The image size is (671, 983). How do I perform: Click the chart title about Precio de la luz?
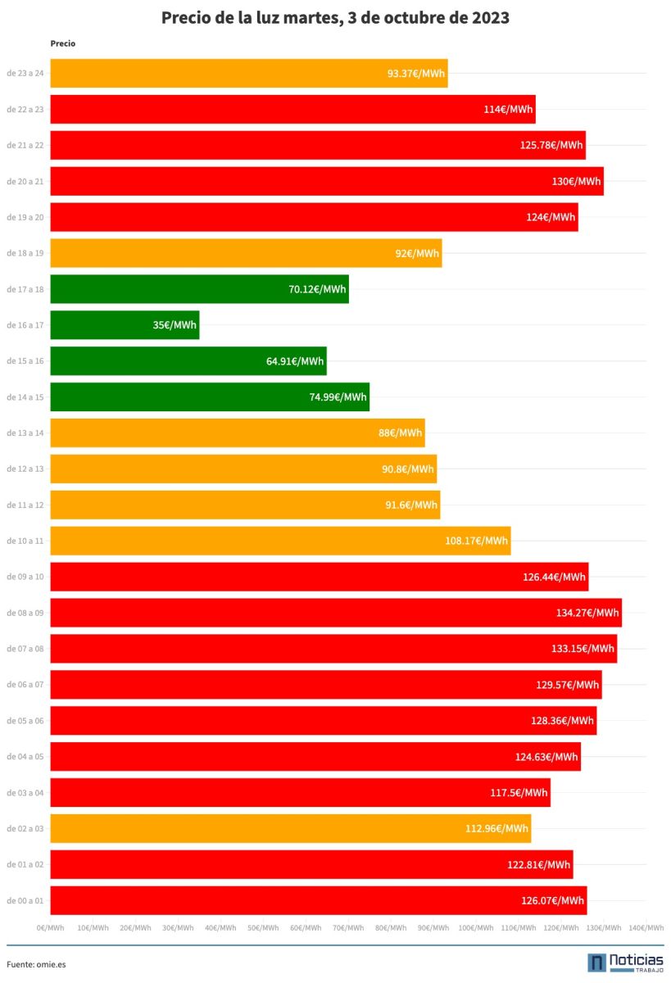[x=335, y=18]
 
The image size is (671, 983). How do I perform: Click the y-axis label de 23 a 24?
[x=25, y=74]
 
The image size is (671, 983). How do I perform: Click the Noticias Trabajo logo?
[x=625, y=963]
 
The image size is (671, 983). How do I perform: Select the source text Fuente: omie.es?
[x=36, y=964]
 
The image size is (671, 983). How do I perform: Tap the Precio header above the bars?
[x=63, y=43]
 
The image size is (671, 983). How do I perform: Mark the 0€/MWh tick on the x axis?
[x=51, y=928]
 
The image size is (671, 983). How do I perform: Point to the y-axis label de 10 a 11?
[x=25, y=541]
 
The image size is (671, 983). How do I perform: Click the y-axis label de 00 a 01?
[x=25, y=901]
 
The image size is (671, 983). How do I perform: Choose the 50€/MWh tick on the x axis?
[x=263, y=928]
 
